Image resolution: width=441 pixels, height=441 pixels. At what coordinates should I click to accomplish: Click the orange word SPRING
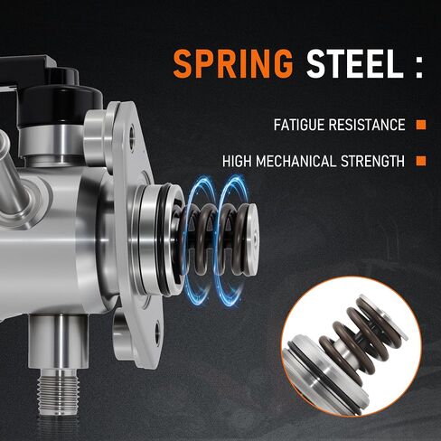(233, 64)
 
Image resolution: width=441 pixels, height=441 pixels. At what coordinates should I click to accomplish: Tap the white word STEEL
(355, 64)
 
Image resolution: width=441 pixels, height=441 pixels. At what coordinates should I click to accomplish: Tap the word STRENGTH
(372, 161)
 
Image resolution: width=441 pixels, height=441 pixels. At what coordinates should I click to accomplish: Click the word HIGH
(237, 161)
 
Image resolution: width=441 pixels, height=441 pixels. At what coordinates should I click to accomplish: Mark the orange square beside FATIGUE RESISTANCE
(421, 125)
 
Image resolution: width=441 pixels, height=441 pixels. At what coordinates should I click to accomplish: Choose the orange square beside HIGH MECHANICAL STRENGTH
(421, 161)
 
